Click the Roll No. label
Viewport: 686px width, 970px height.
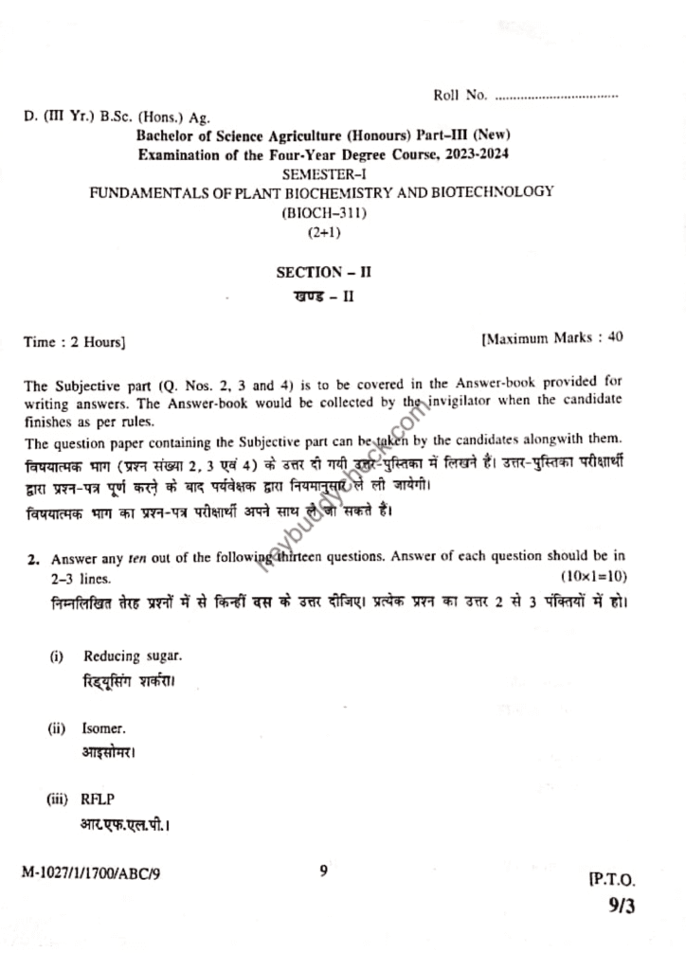[460, 95]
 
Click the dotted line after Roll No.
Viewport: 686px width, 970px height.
[556, 96]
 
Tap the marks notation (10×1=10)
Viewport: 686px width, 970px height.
[593, 577]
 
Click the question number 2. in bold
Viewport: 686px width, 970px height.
[31, 559]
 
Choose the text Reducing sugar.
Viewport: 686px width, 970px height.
[133, 656]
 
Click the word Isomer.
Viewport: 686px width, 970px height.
[103, 729]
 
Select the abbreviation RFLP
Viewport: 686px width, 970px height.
[99, 799]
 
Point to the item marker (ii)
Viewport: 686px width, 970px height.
[57, 729]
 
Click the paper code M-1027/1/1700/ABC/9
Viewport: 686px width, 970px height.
[91, 873]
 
